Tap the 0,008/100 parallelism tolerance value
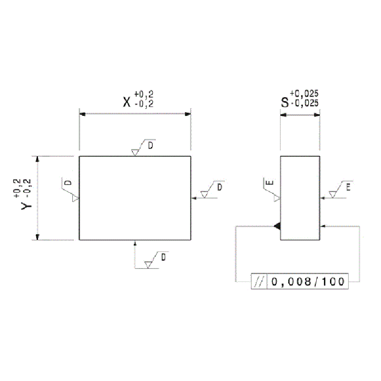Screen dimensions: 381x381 point(308,281)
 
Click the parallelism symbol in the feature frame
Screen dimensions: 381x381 point(259,281)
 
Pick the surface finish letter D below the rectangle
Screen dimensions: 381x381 point(163,257)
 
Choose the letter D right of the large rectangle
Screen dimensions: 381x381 point(220,187)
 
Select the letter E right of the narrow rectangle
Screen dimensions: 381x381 point(348,187)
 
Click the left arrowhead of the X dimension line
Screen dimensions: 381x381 point(82,114)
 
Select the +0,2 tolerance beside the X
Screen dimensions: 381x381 point(144,93)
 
